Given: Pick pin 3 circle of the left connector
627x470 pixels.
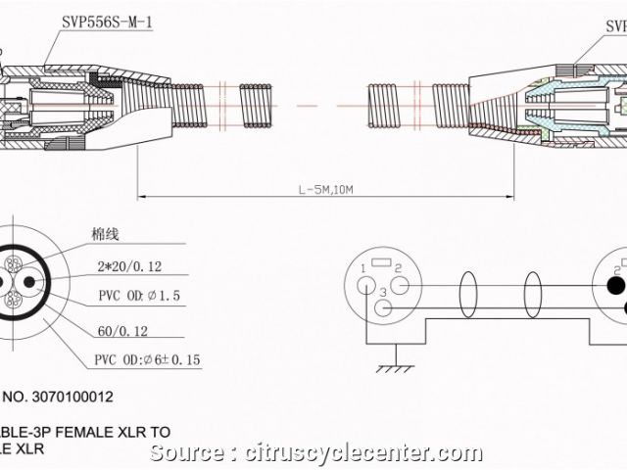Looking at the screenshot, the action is pyautogui.click(x=384, y=308).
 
